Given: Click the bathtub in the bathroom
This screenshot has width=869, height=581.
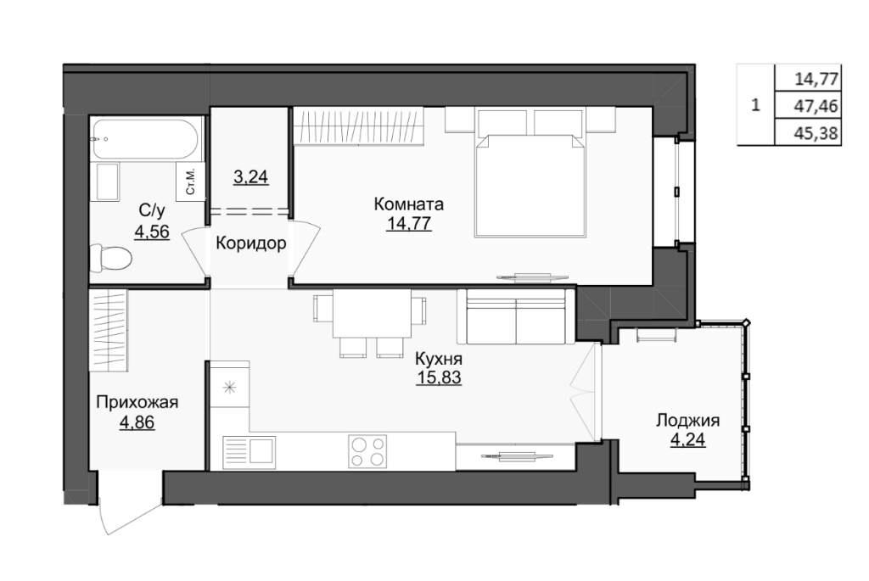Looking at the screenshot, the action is pos(145,138).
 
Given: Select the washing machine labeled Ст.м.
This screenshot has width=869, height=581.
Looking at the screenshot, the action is pos(189,182).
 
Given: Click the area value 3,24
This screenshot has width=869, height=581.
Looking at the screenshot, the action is pos(251,177).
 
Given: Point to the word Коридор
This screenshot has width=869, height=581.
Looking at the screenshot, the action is pos(250,243).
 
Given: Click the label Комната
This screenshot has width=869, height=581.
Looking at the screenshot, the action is pos(409,204).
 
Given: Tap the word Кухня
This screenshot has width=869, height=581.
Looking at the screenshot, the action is pos(439,359).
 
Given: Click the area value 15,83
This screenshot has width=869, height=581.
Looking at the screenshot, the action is pos(439,377).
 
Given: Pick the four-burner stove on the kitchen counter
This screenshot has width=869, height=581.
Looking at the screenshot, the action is pos(367,451).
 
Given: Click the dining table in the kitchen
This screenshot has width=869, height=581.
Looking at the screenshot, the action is pos(372,314).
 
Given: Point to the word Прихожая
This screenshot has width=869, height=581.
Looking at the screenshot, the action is pos(137,402).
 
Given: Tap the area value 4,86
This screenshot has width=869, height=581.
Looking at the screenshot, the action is pos(137,422).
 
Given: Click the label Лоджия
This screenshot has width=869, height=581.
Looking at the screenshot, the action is pos(687,421).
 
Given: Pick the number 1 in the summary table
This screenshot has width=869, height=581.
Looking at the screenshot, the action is pos(754,104).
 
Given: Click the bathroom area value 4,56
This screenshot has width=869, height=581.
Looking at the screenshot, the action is pos(152,231).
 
